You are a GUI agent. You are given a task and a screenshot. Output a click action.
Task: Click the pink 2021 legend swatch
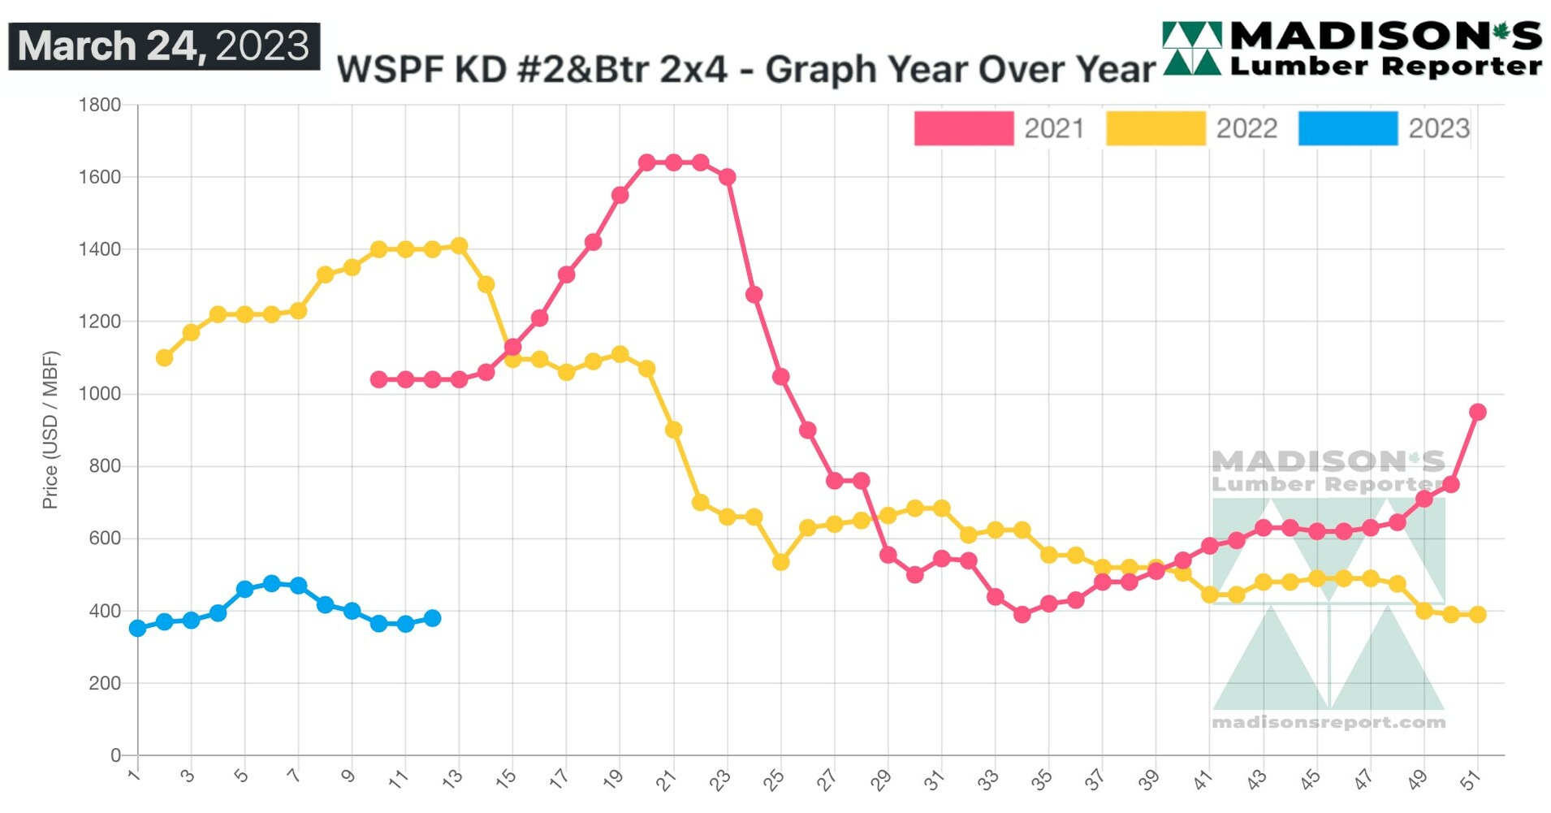[963, 128]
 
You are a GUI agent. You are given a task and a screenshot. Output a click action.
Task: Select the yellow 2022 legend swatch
[1155, 128]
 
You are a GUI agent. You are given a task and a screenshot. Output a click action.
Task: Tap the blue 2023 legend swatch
[1347, 128]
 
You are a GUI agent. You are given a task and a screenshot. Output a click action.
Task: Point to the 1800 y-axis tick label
[99, 105]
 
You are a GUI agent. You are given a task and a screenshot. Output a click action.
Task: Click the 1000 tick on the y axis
[99, 394]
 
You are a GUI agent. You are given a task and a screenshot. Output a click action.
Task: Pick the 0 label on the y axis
[115, 755]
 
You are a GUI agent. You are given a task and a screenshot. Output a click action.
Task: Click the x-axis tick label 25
[774, 780]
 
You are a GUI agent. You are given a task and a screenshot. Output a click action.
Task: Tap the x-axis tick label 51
[1470, 780]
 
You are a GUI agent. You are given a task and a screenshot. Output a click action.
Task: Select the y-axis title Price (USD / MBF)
[50, 430]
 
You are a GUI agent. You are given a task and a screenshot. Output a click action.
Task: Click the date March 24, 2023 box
[164, 46]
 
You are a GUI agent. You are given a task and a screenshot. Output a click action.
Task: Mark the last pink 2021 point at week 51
[1477, 412]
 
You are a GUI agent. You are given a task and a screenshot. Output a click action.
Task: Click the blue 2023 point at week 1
[138, 628]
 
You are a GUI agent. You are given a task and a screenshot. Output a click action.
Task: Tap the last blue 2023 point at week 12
[433, 618]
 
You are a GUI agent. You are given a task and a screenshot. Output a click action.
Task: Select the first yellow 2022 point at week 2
[164, 357]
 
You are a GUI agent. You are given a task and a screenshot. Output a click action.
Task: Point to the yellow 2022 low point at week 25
[780, 562]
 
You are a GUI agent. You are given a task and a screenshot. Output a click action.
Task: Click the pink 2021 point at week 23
[728, 177]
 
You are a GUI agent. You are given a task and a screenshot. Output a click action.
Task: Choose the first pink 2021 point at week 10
[378, 379]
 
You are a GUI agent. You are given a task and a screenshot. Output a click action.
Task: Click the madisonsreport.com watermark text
[1328, 722]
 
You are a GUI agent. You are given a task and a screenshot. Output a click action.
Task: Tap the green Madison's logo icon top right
[1191, 49]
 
